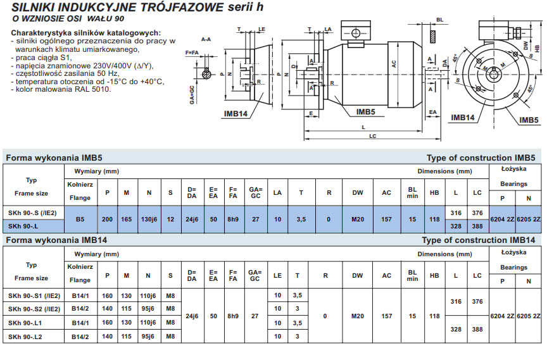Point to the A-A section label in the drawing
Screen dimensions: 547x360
pos(206,39)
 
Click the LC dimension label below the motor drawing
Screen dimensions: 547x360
pos(372,136)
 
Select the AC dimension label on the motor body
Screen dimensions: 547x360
pos(394,64)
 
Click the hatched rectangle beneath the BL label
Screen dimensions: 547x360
pos(432,37)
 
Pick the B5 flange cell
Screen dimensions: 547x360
pos(80,219)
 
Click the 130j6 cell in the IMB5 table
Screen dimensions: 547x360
pos(149,219)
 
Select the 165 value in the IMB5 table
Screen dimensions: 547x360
pos(126,219)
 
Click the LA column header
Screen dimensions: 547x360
pos(277,192)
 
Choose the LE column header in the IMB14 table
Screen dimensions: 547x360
pos(277,275)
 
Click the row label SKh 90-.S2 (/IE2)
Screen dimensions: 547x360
pos(34,309)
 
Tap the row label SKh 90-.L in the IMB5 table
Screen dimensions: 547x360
pos(23,226)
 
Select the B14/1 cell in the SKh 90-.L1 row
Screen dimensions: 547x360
pos(80,323)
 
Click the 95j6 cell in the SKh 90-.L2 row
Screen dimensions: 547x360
pos(148,337)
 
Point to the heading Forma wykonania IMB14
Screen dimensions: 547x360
pos(56,240)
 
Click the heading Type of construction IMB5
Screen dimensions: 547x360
pos(481,158)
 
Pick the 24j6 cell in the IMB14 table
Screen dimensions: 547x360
pos(192,316)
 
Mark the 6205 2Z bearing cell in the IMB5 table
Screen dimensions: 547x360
pos(529,219)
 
